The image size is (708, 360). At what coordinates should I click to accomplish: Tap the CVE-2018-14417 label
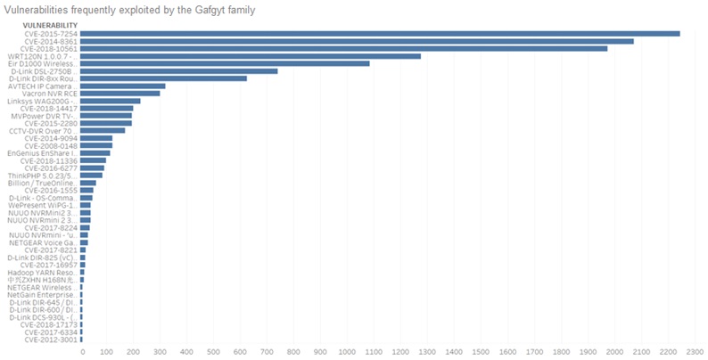click(x=54, y=108)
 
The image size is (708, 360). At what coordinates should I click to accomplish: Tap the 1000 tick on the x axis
click(x=350, y=351)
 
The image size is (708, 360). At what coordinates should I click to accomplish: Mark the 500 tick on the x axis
click(x=217, y=351)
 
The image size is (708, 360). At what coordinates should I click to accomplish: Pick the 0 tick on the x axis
click(x=82, y=351)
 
